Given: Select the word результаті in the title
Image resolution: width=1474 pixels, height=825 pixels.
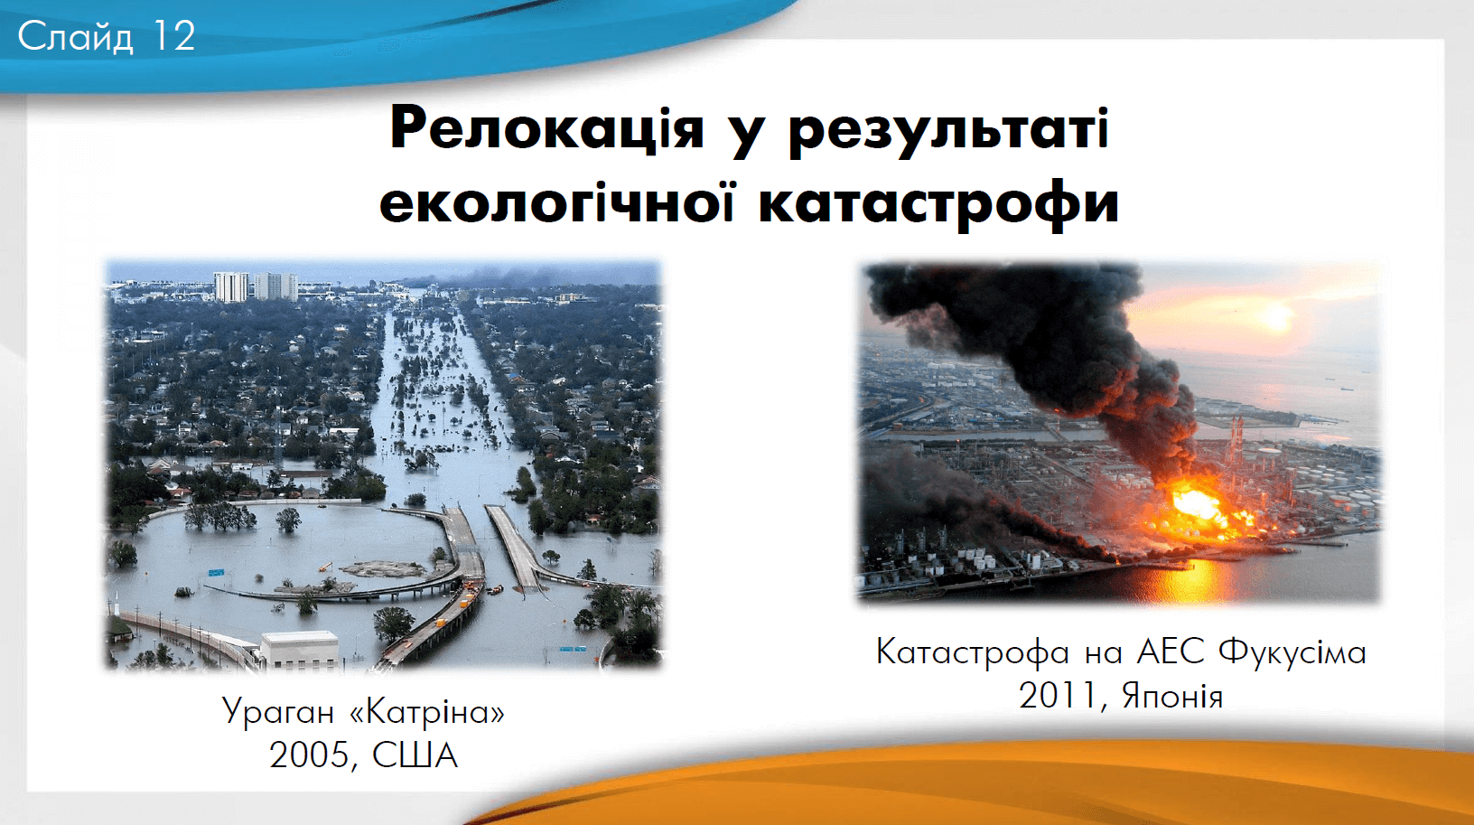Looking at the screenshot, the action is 948,132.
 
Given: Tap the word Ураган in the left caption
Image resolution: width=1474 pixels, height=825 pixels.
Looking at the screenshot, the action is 277,712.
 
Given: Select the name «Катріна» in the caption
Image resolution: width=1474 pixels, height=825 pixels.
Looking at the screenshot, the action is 428,711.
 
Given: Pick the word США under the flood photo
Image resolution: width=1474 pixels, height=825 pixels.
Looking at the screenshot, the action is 415,755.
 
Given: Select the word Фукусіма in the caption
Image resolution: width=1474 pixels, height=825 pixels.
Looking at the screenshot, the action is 1292,652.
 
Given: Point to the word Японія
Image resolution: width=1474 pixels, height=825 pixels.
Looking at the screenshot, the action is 1172,697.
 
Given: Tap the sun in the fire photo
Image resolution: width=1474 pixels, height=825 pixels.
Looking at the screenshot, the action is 1275,319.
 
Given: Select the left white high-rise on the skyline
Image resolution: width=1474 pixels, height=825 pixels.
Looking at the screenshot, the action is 231,287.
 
